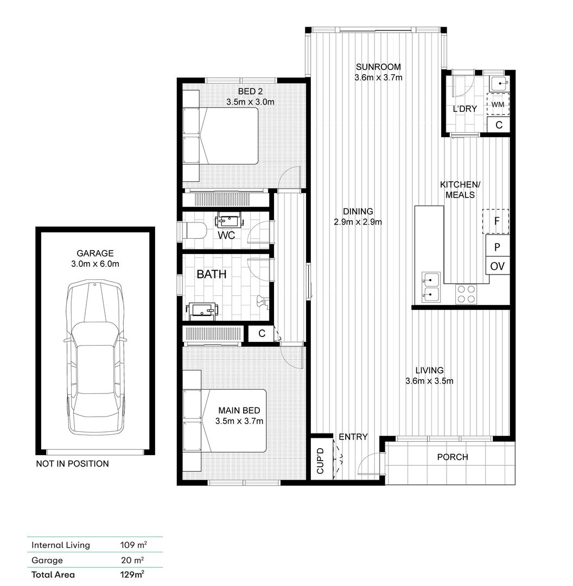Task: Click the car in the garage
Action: (x=95, y=357)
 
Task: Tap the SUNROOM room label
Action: (x=378, y=67)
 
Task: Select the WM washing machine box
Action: (x=498, y=104)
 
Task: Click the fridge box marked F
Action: (x=496, y=221)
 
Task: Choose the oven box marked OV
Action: (x=498, y=266)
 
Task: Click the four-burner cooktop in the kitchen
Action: (x=466, y=294)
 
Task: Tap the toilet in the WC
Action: (x=195, y=230)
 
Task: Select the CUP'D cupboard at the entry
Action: (x=322, y=458)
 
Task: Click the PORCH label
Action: (x=453, y=457)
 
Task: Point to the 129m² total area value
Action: (x=133, y=574)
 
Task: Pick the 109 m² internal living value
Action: (x=133, y=545)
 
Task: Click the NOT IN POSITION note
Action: (x=73, y=464)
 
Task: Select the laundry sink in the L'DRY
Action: (x=499, y=84)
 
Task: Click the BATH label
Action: (x=212, y=275)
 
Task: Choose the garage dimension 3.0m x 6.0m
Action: (x=95, y=264)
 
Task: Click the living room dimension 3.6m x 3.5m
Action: (x=429, y=381)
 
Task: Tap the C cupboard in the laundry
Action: (x=499, y=124)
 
